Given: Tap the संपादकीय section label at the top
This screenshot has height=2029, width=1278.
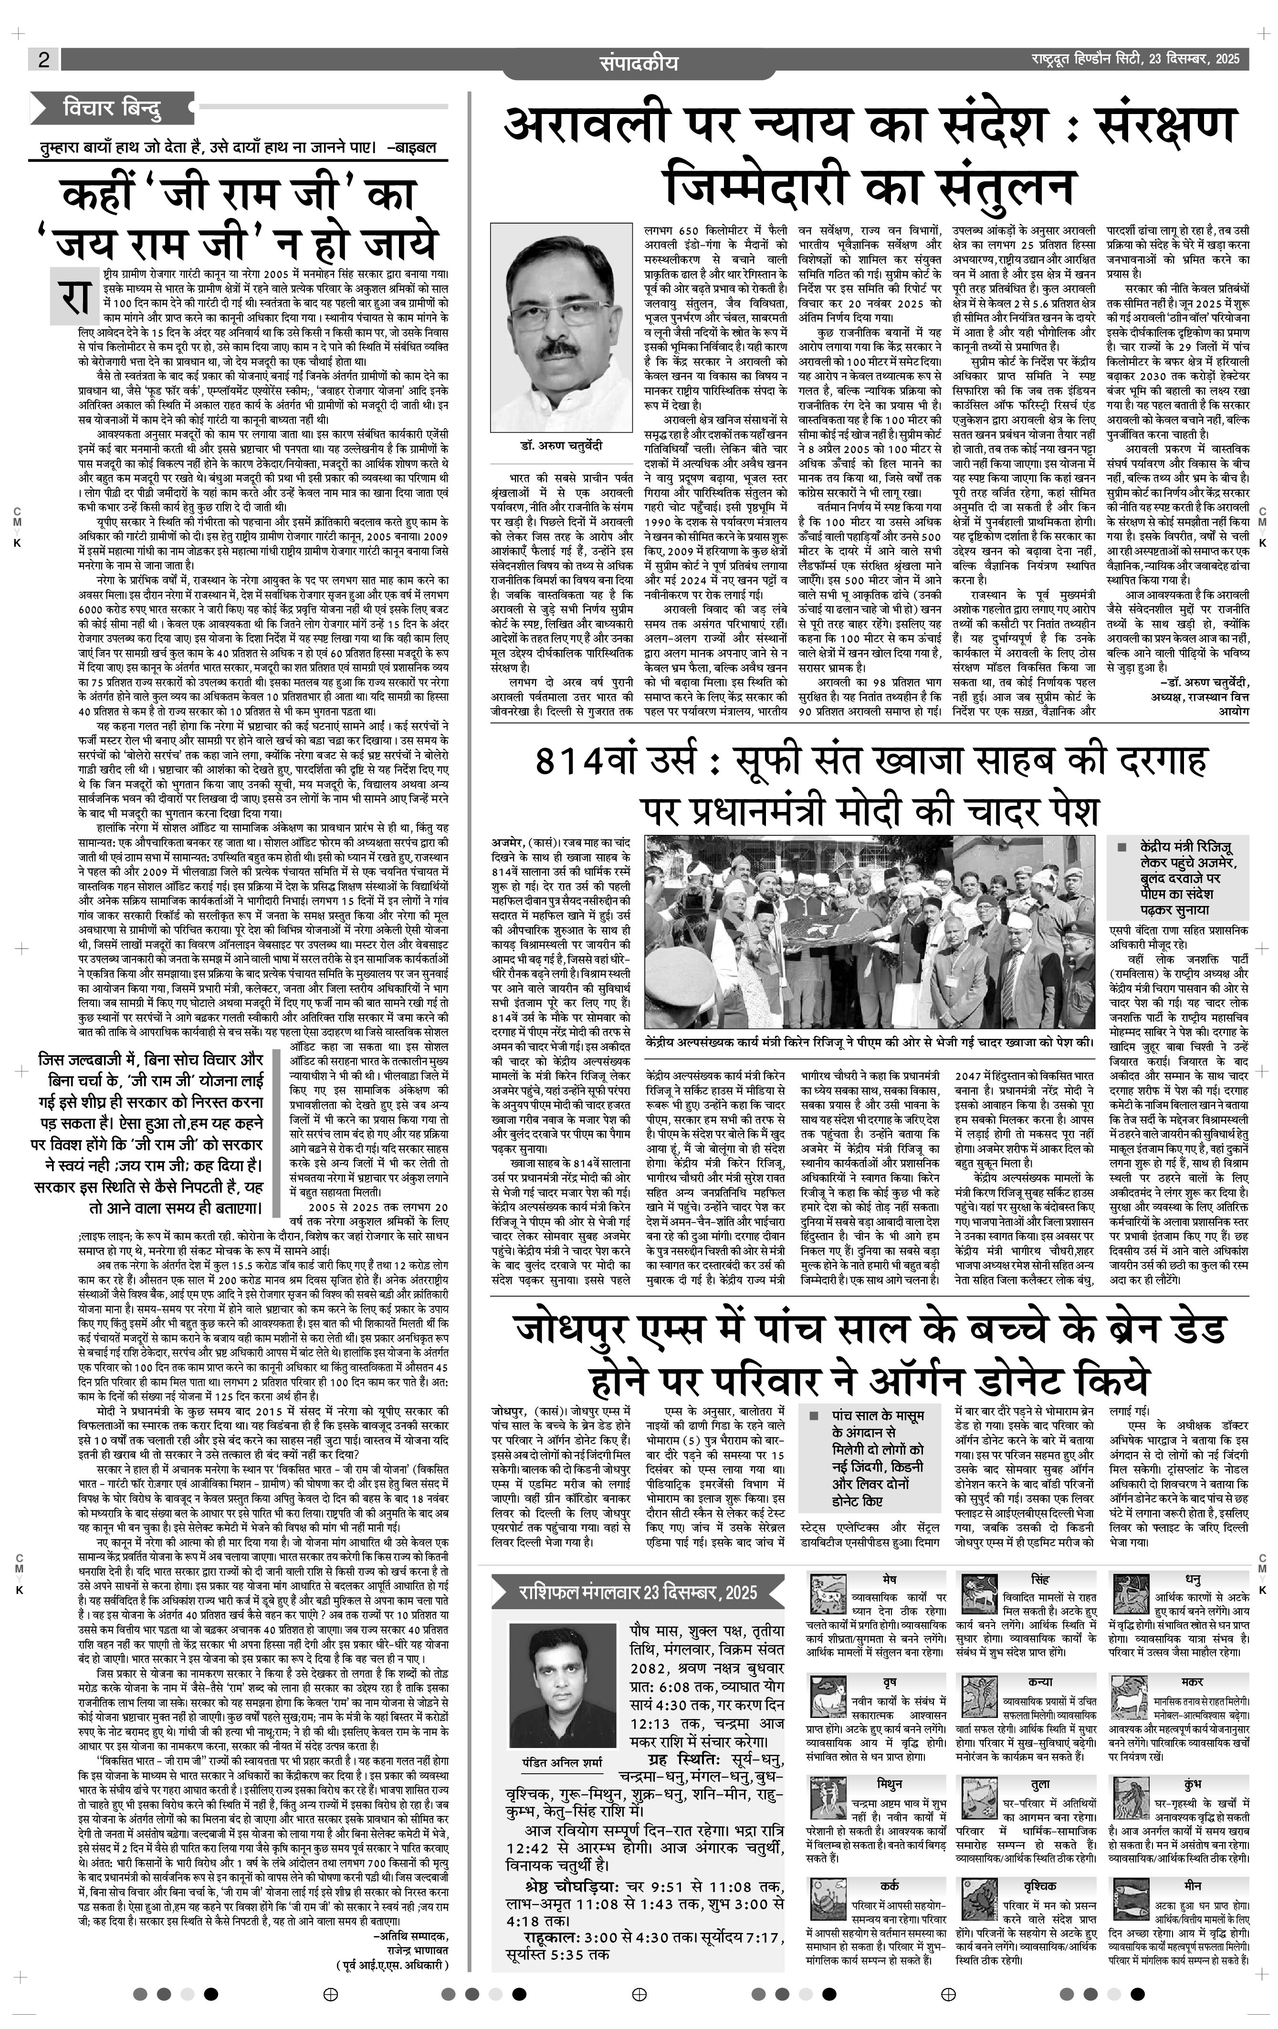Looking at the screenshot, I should point(638,63).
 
